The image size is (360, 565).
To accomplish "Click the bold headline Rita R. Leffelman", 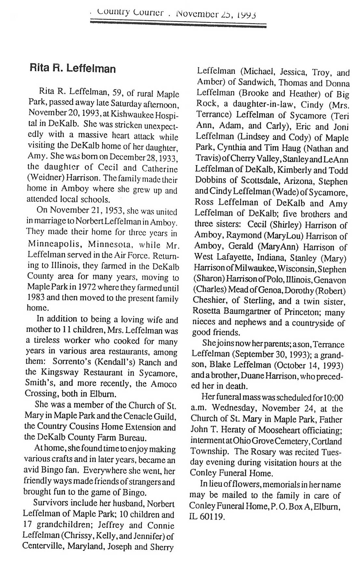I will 73,69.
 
